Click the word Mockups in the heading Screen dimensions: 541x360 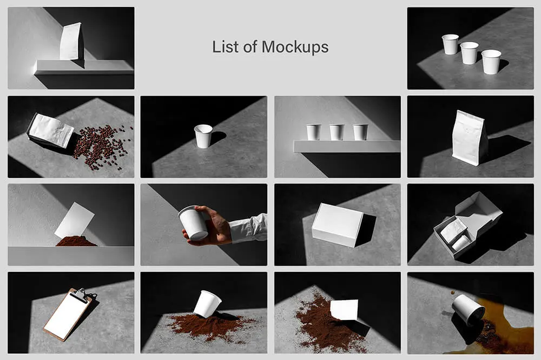pos(295,47)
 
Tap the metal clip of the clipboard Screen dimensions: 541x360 pos(80,294)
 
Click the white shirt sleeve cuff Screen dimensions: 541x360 pos(249,228)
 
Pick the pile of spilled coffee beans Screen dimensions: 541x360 pos(102,147)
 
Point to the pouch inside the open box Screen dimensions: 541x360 pos(453,230)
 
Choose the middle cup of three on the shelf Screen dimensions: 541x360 pos(337,132)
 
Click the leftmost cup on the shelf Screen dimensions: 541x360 pos(314,132)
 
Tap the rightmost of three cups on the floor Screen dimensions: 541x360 pos(491,62)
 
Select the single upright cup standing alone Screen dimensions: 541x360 pos(203,136)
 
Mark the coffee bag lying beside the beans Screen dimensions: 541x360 pos(51,130)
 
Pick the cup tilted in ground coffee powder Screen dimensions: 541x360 pos(207,303)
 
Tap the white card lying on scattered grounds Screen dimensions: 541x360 pos(344,309)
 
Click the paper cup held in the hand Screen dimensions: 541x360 pos(193,223)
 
